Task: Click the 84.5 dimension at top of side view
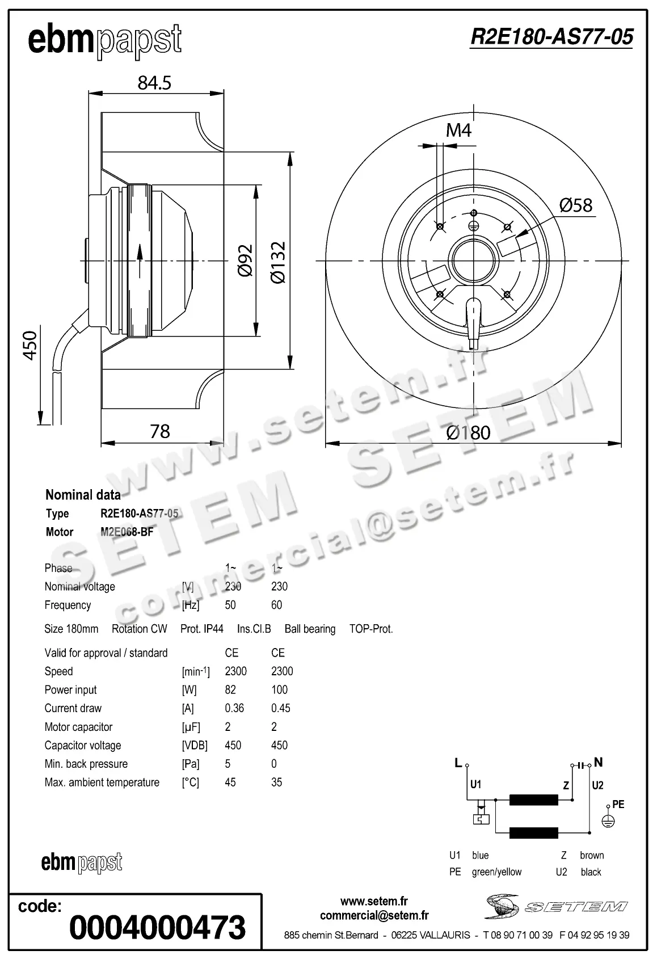154,83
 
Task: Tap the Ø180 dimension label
468,433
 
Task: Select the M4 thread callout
458,131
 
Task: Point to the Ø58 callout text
575,205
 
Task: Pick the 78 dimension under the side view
160,432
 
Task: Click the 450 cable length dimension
30,345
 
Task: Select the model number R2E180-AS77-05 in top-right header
551,37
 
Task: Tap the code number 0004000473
157,927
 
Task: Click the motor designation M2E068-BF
127,532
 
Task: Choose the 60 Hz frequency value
276,605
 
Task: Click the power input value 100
279,690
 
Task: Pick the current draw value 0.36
234,708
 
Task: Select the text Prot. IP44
201,629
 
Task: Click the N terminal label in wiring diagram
598,762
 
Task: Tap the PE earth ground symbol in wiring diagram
608,821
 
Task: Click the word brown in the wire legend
592,855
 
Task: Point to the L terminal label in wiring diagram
458,763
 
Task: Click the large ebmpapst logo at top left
105,41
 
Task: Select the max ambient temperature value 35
276,783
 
